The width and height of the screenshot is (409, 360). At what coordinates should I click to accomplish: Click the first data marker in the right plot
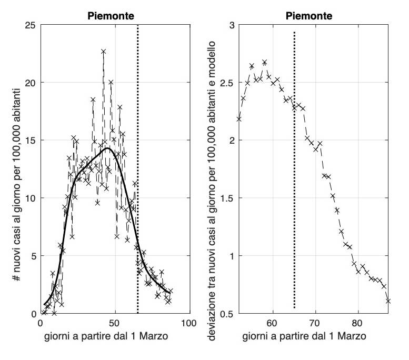coord(238,119)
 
